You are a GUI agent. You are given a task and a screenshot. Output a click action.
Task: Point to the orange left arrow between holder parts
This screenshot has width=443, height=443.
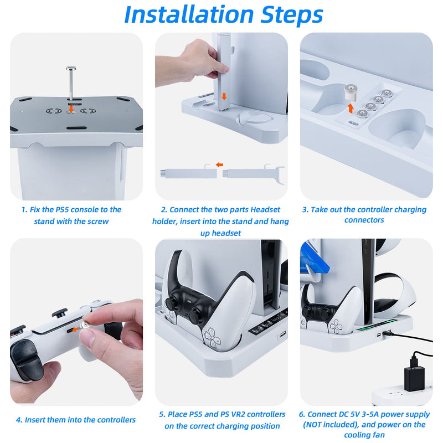tap(219, 164)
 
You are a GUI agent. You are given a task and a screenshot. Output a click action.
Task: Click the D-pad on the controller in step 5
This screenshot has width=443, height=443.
tap(212, 334)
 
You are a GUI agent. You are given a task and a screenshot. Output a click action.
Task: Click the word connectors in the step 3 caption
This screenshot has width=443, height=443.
tap(364, 220)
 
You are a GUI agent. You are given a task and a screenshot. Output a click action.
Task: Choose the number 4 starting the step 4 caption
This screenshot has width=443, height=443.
tap(19, 420)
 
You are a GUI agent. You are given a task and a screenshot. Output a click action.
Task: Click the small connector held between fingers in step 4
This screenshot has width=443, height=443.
tap(86, 327)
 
